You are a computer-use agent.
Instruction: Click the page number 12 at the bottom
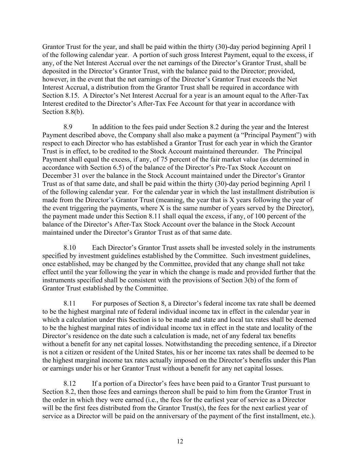click(180, 441)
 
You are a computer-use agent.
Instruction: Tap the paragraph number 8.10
click(70, 248)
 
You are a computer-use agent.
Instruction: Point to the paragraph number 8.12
click(70, 384)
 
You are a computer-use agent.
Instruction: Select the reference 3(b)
click(248, 280)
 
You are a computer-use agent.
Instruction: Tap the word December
click(56, 176)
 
